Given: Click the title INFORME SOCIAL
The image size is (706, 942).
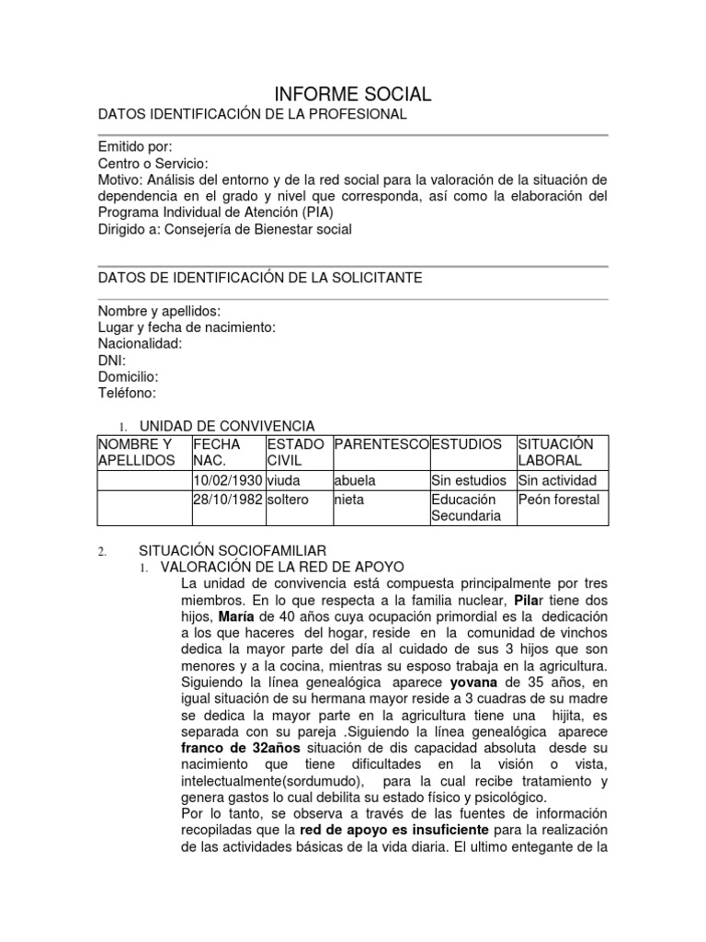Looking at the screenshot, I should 353,94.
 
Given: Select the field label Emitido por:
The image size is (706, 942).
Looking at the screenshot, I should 135,147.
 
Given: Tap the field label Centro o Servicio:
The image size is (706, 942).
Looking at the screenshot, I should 154,163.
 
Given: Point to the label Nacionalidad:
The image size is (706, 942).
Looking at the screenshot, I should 141,343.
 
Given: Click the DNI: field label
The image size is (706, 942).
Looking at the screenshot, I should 112,361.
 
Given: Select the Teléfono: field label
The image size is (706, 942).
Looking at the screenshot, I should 127,393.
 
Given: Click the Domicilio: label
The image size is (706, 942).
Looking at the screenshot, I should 129,377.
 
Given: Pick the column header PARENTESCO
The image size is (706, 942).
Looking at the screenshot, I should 381,443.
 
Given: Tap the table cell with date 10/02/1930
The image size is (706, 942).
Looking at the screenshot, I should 227,480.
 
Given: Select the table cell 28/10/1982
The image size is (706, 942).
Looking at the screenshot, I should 227,499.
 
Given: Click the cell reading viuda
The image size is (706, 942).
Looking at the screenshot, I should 283,480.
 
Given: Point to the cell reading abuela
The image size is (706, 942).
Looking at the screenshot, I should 354,480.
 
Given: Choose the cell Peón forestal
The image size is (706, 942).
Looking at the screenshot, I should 559,499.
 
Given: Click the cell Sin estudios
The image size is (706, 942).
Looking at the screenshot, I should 469,480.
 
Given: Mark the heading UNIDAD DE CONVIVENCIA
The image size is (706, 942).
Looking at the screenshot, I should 226,426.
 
